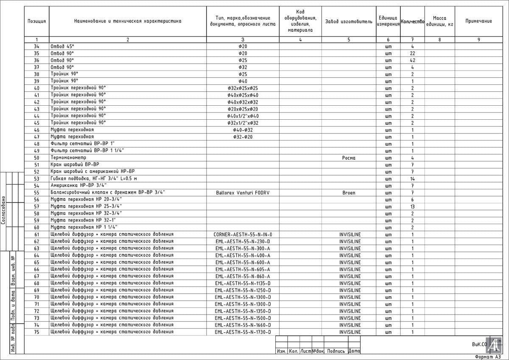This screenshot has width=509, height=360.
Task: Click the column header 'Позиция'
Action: coord(36,21)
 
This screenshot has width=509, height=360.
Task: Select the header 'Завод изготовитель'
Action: coord(348,21)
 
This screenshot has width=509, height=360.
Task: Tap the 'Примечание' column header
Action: coord(478,21)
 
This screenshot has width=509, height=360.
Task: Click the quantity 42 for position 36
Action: coord(412,60)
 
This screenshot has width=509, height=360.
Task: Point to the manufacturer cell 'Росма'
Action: coord(349,158)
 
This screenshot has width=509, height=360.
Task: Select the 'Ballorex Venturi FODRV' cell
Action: coord(243,193)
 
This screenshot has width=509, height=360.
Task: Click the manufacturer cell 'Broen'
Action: coord(349,193)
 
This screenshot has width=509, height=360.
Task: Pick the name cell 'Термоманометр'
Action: coord(68,157)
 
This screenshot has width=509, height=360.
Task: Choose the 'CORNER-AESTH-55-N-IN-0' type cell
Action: coord(243,234)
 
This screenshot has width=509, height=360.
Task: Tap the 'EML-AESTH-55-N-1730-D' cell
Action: coord(243,332)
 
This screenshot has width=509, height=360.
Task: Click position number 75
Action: coord(36,332)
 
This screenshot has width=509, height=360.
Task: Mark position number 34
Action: coord(36,46)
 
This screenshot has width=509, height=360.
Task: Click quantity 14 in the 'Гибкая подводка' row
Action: coord(412,179)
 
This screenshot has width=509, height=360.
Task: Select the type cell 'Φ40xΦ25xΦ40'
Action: coord(243,95)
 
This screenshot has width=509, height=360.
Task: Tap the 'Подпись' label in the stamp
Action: coord(336,351)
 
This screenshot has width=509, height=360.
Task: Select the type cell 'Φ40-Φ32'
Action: coord(243,130)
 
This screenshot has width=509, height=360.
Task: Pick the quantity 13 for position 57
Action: coord(412,206)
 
